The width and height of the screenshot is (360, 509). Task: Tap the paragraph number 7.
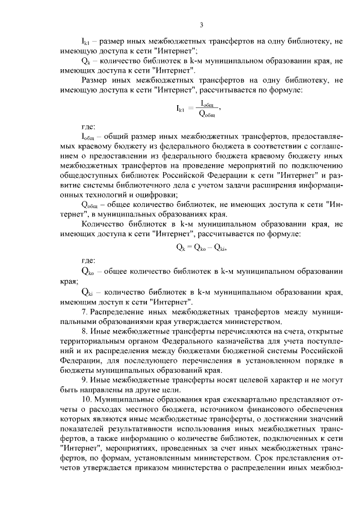(x=84, y=312)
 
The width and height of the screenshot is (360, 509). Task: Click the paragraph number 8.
(x=84, y=331)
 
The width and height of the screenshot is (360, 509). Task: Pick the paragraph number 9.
(x=84, y=380)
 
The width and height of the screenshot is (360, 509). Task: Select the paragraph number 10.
(x=86, y=400)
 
